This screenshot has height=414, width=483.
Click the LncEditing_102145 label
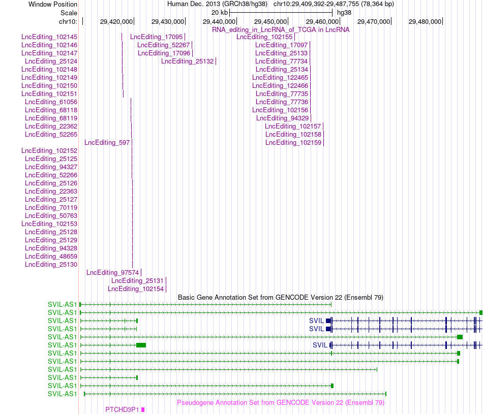(x=49, y=37)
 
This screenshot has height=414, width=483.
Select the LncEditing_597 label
(x=107, y=143)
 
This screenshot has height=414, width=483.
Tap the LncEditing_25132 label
(x=187, y=61)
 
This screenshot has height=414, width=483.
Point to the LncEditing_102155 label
(x=264, y=37)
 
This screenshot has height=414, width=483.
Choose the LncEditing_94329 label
(x=283, y=118)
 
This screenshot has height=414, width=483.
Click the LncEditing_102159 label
(x=293, y=143)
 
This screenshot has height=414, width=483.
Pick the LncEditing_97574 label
(x=112, y=273)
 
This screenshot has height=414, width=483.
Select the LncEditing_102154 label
(x=136, y=289)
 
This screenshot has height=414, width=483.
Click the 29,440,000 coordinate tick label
(x=219, y=22)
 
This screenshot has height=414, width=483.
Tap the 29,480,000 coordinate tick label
(x=425, y=22)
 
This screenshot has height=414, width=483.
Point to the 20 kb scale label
(x=220, y=13)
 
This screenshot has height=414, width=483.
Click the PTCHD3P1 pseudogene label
(x=122, y=410)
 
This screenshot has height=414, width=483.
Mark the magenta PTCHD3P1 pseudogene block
(x=143, y=410)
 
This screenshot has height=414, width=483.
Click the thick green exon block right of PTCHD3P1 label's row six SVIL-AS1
(x=141, y=345)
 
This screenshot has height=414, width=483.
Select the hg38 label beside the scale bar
(x=344, y=13)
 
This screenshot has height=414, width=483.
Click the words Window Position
(x=53, y=4)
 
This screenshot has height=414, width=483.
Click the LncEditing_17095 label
(x=156, y=37)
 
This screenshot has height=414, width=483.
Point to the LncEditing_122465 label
(x=280, y=78)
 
